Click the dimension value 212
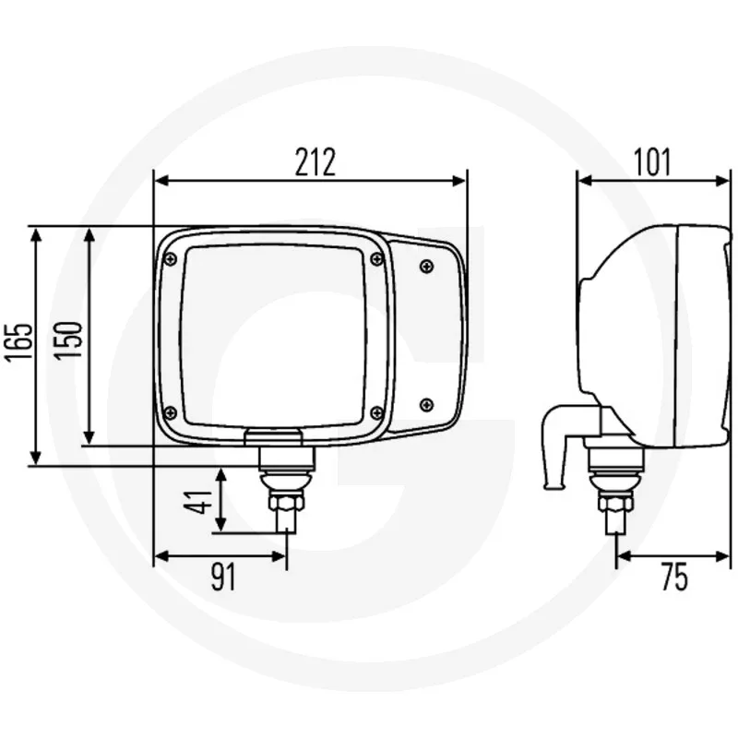click(315, 162)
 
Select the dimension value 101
click(652, 162)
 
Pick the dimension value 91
click(222, 577)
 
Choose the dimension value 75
click(674, 577)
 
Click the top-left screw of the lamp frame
click(170, 260)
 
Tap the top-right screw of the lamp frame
click(376, 259)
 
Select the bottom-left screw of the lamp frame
click(170, 412)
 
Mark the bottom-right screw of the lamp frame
click(376, 412)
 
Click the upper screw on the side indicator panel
click(425, 267)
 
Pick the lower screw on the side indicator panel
click(425, 403)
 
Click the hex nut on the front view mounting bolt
click(284, 502)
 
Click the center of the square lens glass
click(274, 336)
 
